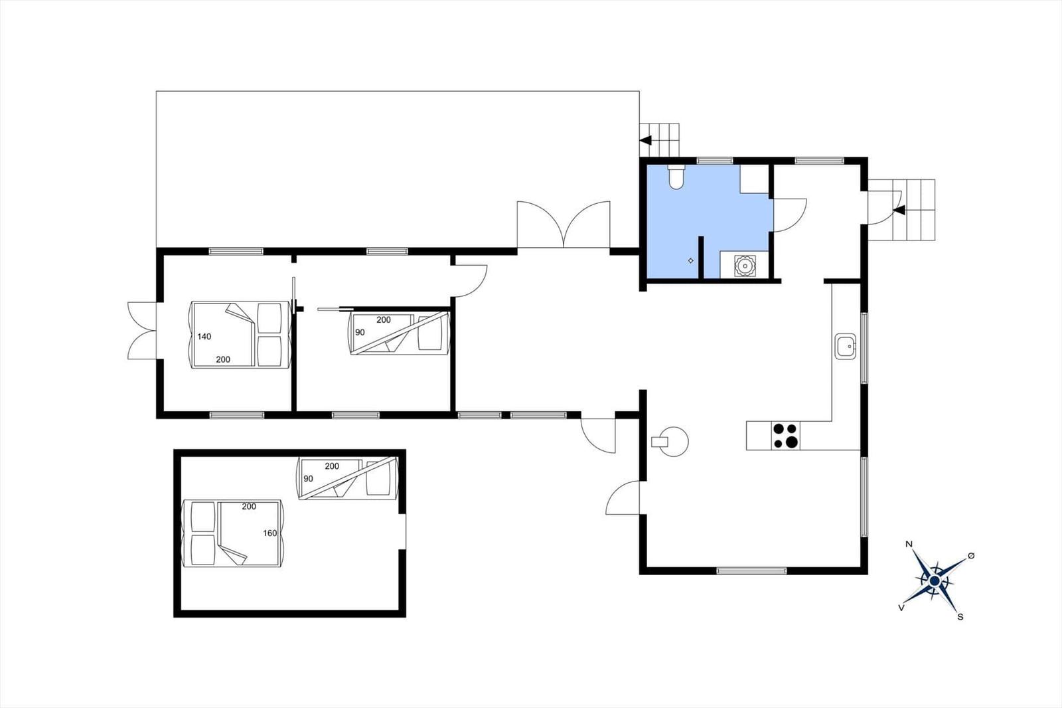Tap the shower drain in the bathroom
[691, 260]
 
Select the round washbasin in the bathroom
[745, 266]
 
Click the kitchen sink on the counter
[846, 347]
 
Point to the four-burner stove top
[785, 436]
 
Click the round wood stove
[673, 442]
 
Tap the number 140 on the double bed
[204, 337]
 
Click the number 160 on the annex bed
[269, 533]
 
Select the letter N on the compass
[909, 545]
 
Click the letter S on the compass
[960, 617]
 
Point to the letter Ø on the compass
[971, 556]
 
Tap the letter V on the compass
[901, 608]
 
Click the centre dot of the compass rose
[935, 581]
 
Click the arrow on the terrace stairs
[645, 140]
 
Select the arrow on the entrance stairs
[899, 210]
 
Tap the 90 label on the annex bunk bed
[308, 479]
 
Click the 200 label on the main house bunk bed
[384, 320]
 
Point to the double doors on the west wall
[142, 331]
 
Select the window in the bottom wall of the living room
[751, 571]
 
